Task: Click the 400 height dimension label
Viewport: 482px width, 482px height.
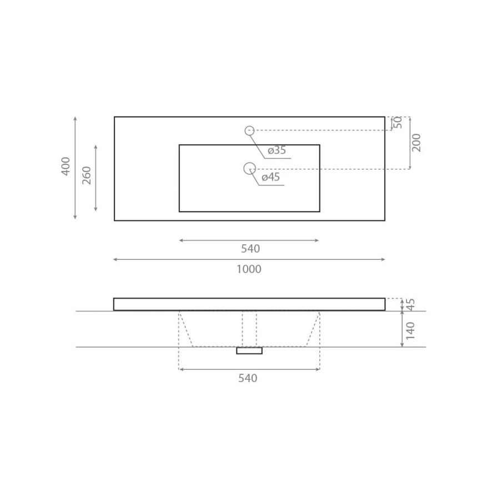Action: [x=66, y=167]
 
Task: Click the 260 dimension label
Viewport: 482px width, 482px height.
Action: [x=87, y=175]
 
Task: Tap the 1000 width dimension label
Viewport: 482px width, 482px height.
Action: [x=249, y=269]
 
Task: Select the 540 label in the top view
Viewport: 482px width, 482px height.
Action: [x=250, y=249]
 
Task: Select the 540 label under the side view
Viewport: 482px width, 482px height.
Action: [x=248, y=378]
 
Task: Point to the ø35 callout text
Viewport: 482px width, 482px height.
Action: [x=277, y=150]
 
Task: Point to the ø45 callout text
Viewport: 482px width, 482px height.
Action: [x=270, y=177]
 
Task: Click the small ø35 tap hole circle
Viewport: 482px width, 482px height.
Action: [x=249, y=130]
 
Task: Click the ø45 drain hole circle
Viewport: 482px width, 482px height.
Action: [x=249, y=168]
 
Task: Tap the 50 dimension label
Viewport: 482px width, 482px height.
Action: [x=398, y=123]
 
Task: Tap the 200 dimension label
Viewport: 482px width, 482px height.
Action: [x=416, y=143]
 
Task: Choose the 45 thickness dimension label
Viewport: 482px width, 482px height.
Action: [x=411, y=304]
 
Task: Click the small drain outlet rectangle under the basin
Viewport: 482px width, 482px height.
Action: [x=249, y=350]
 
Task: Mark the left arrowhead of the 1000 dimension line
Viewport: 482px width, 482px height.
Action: [x=115, y=259]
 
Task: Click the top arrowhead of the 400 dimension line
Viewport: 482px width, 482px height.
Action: [x=75, y=119]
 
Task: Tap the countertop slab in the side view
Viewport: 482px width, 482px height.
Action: [x=249, y=304]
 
